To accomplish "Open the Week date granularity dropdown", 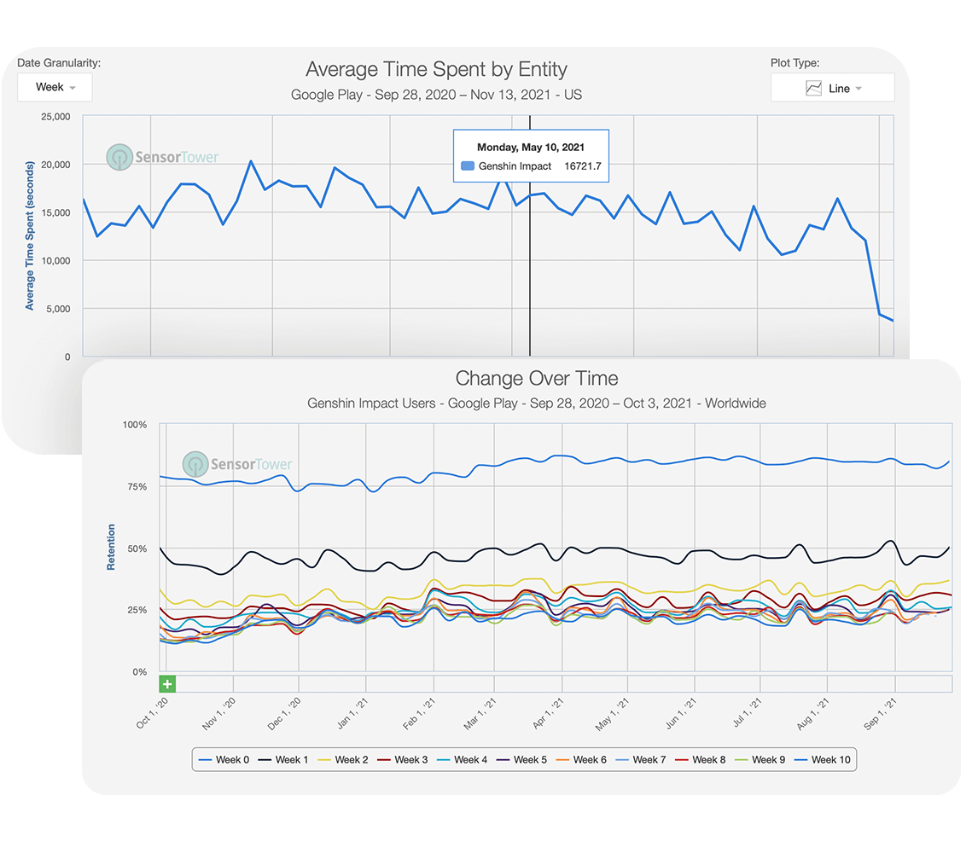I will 55,87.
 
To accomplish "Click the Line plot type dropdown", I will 832,88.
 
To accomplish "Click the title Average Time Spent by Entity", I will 436,69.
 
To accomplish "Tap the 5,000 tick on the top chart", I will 57,309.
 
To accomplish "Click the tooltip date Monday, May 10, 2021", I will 531,147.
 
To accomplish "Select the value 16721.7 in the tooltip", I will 583,166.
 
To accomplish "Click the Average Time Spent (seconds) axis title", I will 30,235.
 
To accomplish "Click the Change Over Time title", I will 536,378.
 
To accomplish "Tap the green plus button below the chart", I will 167,684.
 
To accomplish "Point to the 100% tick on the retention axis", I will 134,425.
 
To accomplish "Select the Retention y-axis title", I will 111,548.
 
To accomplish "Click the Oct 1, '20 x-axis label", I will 150,712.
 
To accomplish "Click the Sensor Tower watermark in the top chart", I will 163,157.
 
